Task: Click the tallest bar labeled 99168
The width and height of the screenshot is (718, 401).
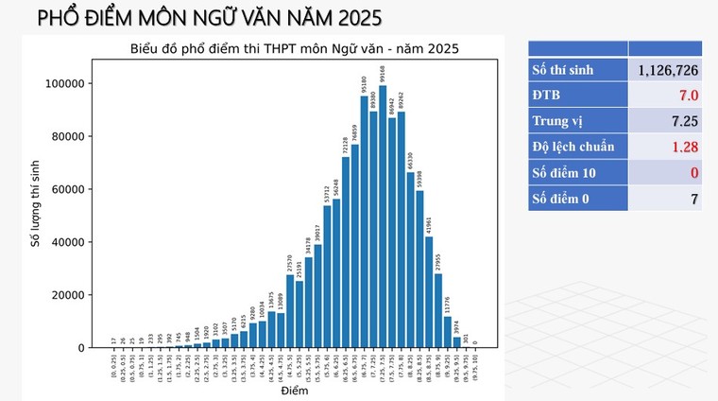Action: click(x=383, y=218)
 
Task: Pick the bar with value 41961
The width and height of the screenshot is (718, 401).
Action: click(x=429, y=292)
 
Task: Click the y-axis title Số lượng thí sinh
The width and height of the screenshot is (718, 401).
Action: click(x=34, y=203)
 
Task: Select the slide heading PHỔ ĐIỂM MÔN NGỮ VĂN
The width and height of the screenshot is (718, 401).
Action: click(x=196, y=17)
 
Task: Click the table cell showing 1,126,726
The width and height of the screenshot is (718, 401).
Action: click(x=667, y=70)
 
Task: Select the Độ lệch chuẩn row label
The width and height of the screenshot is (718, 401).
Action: click(x=573, y=147)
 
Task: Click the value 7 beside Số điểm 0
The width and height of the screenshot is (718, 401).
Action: click(x=692, y=198)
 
